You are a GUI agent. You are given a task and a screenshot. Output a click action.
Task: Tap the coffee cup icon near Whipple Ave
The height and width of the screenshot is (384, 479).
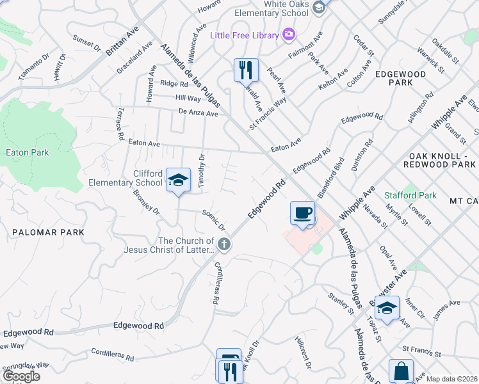(x=302, y=212)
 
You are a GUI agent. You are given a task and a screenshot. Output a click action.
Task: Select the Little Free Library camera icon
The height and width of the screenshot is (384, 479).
(x=288, y=34)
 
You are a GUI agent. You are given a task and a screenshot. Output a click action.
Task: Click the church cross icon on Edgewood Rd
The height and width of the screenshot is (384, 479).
(x=224, y=243)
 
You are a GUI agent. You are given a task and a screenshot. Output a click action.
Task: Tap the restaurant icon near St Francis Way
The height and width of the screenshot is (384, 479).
(x=245, y=69)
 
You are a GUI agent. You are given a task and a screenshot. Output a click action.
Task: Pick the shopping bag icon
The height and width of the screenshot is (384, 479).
(x=401, y=371)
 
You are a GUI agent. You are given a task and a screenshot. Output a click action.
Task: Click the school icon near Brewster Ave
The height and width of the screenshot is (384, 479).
(x=387, y=307)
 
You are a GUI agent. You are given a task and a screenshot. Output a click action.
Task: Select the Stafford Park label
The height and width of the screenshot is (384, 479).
(x=410, y=195)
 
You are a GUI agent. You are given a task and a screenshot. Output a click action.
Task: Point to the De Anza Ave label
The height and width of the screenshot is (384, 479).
(x=199, y=113)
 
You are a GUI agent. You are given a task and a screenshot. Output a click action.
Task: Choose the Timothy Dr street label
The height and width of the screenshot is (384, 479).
(x=201, y=171)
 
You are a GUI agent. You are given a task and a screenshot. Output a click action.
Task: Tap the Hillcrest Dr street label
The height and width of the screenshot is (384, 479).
(x=304, y=351)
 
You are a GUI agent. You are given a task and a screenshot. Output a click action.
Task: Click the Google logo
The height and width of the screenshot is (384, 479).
(x=21, y=376)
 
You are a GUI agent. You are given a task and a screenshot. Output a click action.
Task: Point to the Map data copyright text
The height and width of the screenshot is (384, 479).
(x=451, y=379)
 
